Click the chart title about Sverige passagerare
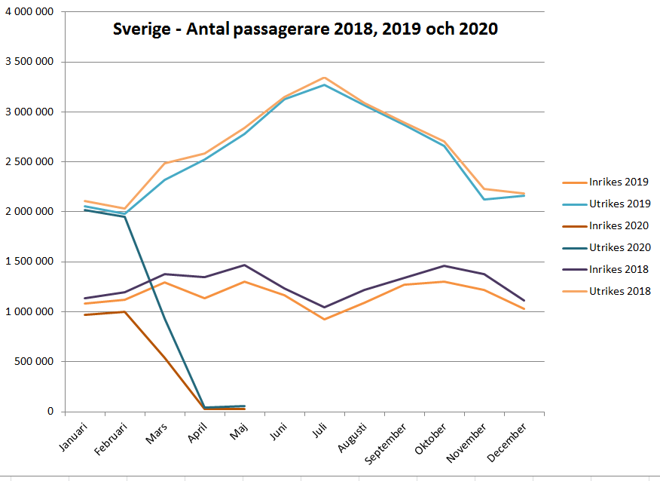click(305, 29)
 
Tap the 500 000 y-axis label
click(35, 362)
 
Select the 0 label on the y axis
click(51, 412)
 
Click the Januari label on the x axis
click(72, 436)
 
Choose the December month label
click(509, 438)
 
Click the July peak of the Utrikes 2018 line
click(324, 78)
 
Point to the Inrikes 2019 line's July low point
click(324, 320)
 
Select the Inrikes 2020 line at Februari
click(124, 311)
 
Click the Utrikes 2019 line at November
click(483, 199)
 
